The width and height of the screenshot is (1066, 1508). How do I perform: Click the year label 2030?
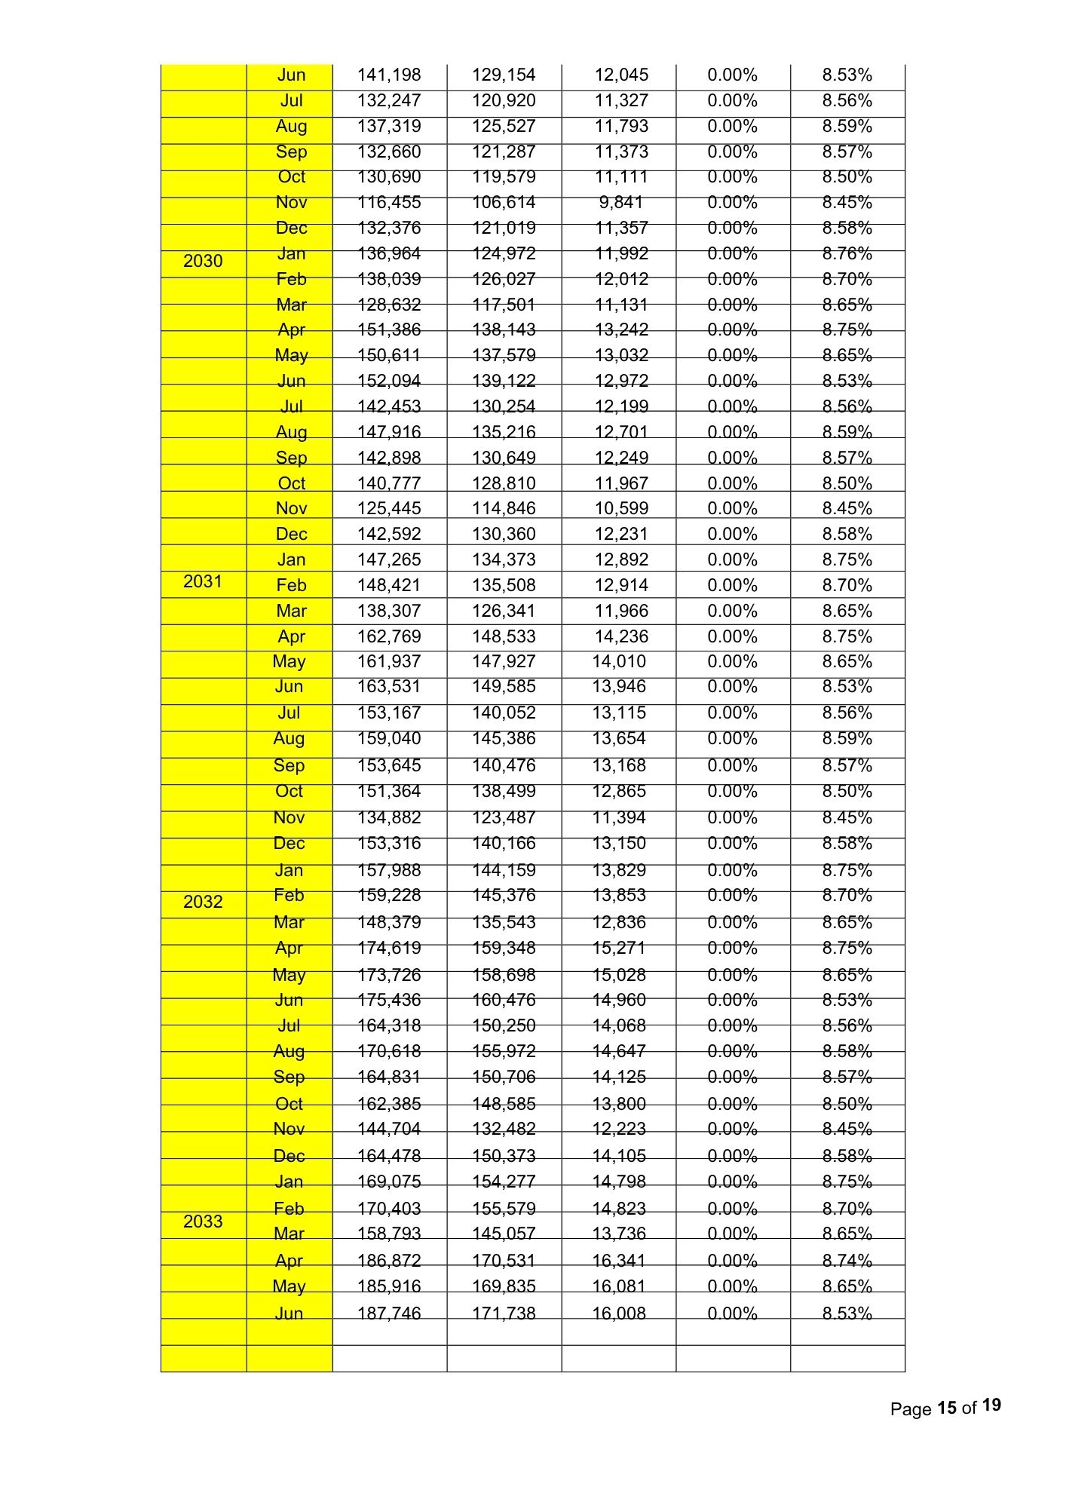point(203,261)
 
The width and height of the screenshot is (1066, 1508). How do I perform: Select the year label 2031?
point(203,581)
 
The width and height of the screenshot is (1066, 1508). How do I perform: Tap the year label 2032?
point(203,902)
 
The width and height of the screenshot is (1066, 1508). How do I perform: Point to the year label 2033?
point(203,1221)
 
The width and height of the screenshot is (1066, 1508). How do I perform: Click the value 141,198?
point(389,75)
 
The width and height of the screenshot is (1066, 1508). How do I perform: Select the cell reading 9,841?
point(621,202)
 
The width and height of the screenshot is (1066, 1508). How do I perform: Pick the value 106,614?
point(504,202)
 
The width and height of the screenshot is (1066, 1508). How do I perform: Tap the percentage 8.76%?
point(847,253)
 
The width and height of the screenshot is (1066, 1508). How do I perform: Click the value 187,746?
point(389,1313)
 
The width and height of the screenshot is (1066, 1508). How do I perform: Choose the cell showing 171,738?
point(504,1313)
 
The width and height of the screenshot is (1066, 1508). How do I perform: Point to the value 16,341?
point(619,1260)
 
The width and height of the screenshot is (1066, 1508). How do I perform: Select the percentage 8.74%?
point(847,1260)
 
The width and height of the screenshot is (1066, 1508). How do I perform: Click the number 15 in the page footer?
point(947,1408)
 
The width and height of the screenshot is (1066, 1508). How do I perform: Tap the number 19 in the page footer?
point(992,1405)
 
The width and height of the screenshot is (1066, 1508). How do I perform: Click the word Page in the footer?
point(911,1408)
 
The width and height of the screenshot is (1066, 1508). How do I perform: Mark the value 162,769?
point(389,636)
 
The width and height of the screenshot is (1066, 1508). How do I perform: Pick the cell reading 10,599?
point(621,508)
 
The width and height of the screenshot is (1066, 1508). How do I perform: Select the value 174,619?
point(389,948)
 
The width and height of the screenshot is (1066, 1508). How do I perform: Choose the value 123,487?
point(504,817)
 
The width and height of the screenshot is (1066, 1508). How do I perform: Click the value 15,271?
point(619,948)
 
